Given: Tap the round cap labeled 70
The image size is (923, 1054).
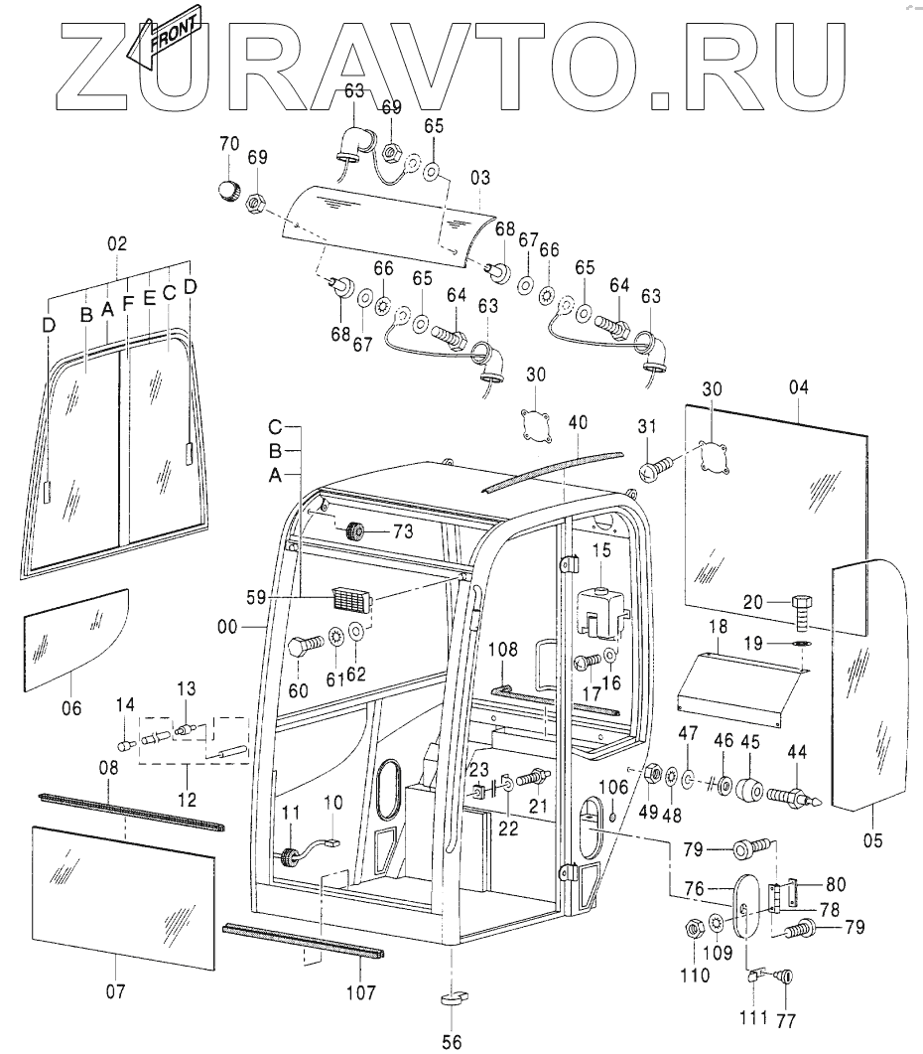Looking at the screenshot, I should point(229,190).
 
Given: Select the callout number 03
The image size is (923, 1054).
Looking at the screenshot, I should point(480,179).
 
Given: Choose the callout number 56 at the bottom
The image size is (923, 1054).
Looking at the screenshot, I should point(453,1041).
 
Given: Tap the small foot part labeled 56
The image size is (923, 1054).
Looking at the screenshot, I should point(453,997).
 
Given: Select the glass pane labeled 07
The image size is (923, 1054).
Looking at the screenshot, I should point(124,895).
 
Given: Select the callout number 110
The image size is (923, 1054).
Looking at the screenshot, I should point(695,975).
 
